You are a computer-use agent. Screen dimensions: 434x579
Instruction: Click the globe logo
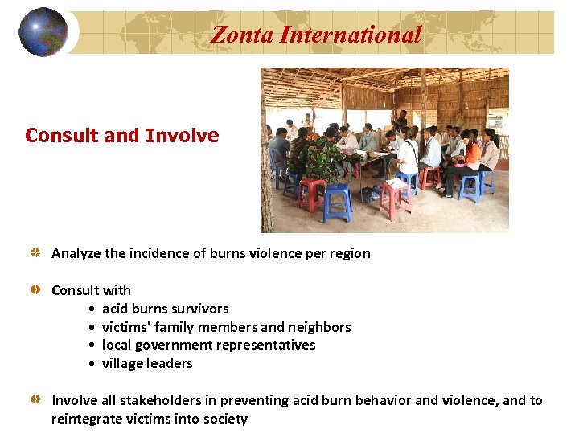[x=43, y=32]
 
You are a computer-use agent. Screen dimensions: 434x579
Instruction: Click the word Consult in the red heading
[x=60, y=135]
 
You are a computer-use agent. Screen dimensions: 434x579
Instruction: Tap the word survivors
[x=198, y=309]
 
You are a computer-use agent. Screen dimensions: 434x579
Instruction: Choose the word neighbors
[x=318, y=327]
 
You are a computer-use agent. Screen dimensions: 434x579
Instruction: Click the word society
[x=224, y=419]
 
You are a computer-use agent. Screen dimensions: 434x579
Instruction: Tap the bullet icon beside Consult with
[x=36, y=290]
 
